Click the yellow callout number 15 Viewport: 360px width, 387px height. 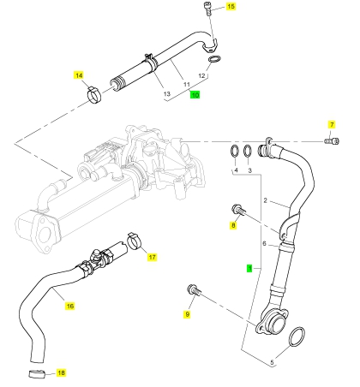(231, 6)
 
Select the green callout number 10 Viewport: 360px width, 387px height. (195, 95)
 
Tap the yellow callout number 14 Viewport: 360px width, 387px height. (79, 75)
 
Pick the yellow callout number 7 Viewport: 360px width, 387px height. (332, 125)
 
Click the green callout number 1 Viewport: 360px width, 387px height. (250, 268)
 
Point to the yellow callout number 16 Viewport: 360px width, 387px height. (69, 306)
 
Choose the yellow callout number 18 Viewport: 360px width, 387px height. (61, 372)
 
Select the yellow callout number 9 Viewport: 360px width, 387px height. (187, 314)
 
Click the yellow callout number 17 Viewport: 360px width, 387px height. (153, 257)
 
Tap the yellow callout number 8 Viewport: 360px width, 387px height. (233, 225)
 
